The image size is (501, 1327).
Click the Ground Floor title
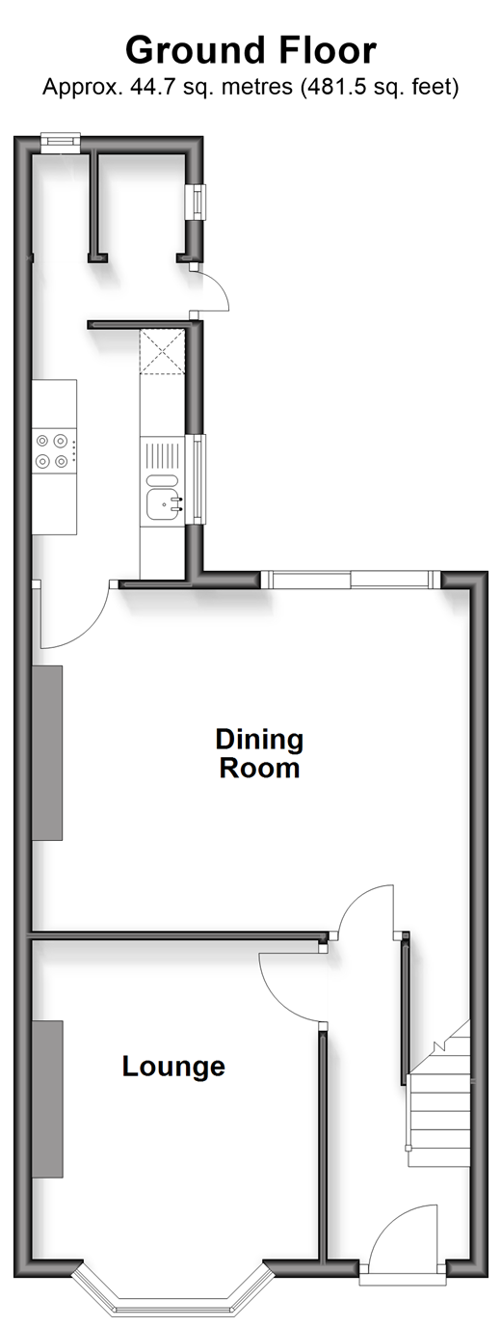[250, 50]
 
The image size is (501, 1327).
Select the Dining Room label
[259, 753]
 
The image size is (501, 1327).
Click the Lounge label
[173, 1066]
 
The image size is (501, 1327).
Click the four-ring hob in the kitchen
[54, 450]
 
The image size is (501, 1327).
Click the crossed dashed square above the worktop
[163, 351]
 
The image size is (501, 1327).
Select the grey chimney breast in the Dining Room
[47, 752]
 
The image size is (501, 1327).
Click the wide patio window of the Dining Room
[352, 579]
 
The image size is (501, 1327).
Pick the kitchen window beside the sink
[198, 479]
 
